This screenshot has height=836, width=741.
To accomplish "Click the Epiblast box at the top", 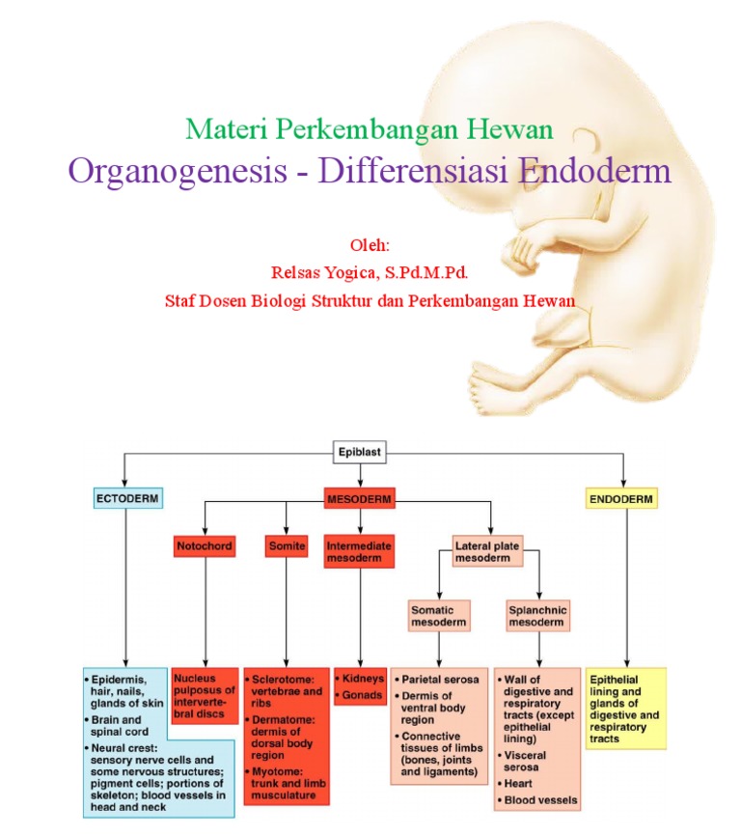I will [x=361, y=450].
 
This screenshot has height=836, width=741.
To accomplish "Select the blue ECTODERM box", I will [x=125, y=499].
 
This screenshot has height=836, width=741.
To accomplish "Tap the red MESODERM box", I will [x=360, y=499].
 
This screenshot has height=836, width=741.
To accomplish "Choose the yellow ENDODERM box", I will [x=622, y=499].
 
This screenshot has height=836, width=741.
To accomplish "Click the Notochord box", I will [x=205, y=545].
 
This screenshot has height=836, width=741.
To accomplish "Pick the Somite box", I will [x=287, y=545].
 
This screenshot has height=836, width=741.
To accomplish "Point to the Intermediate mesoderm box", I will [x=358, y=551].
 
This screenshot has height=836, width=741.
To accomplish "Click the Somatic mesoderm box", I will [x=439, y=616].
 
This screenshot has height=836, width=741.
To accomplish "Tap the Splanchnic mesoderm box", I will [x=537, y=616].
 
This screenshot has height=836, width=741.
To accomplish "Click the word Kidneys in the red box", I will [x=363, y=679].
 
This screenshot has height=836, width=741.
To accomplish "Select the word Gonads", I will [x=363, y=695].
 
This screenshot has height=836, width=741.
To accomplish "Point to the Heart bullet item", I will [x=517, y=783].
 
